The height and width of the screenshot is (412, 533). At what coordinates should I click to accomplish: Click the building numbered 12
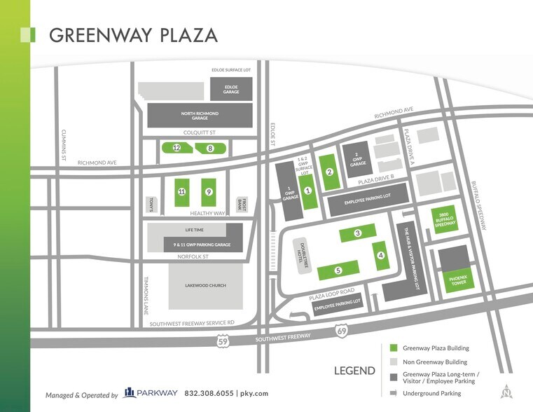[177, 148]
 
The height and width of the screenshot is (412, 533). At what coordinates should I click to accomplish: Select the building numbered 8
[209, 148]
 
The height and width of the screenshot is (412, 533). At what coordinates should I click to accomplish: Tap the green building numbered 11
[181, 191]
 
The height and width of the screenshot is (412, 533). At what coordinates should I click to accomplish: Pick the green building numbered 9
[208, 191]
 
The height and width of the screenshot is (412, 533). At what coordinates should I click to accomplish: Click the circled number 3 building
[357, 233]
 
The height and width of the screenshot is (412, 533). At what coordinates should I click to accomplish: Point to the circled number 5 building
[338, 270]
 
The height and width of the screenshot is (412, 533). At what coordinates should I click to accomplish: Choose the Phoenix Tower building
[457, 280]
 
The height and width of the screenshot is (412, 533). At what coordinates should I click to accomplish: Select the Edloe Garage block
[230, 89]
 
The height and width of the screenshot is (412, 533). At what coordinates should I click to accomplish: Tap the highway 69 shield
[340, 330]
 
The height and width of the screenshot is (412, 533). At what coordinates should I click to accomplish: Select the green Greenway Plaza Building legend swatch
[394, 348]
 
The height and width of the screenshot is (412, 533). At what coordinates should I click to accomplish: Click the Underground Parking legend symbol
[394, 392]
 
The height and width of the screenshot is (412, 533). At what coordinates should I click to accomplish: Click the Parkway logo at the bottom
[151, 393]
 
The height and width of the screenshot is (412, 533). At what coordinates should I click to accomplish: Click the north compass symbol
[506, 392]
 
